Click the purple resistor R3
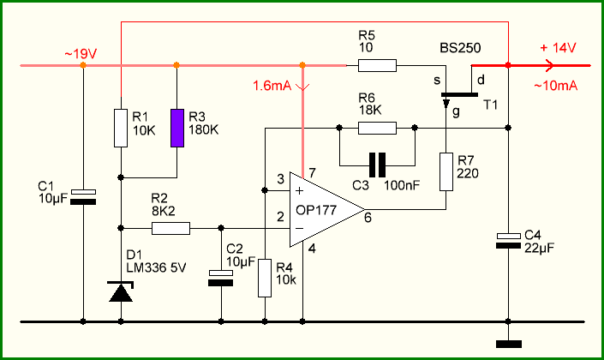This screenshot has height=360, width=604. coord(177,128)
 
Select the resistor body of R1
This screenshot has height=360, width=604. coord(121,128)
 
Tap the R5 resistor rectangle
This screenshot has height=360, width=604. coord(377,65)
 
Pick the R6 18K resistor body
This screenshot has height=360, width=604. coord(377,128)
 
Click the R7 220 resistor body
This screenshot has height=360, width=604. coord(446,171)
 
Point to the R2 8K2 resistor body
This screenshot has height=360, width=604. coord(170,228)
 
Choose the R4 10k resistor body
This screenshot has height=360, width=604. coord(265,278)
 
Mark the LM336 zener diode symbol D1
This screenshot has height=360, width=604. coord(121,291)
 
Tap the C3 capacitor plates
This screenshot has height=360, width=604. coord(378,165)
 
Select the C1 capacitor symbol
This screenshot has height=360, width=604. coord(83,196)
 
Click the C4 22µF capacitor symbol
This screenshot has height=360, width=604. coord(508,241)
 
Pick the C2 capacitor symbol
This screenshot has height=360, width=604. coord(221,278)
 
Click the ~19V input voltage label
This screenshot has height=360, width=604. coord(81,54)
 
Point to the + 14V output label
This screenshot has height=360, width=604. coord(558,48)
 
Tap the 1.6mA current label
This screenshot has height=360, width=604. coord(272,86)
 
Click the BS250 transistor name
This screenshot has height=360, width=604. coord(460,48)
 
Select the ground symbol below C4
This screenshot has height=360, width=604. coord(508,344)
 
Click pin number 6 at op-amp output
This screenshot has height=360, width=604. coord(368,218)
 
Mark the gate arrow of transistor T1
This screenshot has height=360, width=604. coord(446,103)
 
